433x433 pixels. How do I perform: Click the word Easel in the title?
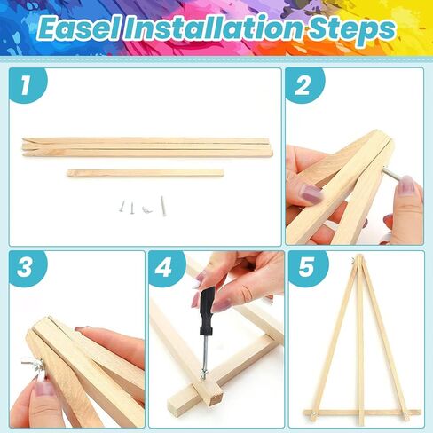[79, 29]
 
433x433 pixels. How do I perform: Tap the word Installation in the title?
[215, 29]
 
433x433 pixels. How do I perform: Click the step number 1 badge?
[28, 85]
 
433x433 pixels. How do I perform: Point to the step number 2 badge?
[304, 85]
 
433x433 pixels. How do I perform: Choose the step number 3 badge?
[28, 268]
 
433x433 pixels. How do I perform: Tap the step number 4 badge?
[166, 268]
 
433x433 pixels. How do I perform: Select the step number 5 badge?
[308, 268]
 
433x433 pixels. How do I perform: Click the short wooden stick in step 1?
[146, 173]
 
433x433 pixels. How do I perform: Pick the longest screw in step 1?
[162, 206]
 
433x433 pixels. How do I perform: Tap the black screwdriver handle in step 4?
[207, 310]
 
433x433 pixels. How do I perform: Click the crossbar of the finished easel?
[362, 413]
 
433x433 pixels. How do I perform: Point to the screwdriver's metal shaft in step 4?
[205, 352]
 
